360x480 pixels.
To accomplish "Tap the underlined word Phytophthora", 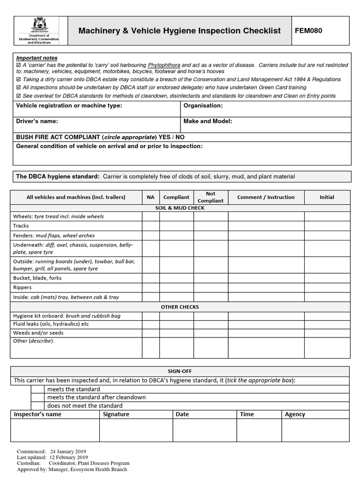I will pos(164,65).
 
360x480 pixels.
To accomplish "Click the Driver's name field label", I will pos(37,121).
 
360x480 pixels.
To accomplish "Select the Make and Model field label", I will pos(208,121).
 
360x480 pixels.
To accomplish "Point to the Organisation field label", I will pos(203,105).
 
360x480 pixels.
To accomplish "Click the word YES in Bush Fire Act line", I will pos(165,137).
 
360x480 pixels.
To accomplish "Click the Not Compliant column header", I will pos(211,197).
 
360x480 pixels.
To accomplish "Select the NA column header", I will pos(150,197).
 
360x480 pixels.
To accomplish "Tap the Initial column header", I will pos(327,197).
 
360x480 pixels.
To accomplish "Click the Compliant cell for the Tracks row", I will pos(176,225).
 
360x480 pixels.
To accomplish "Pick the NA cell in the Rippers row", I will pos(150,287).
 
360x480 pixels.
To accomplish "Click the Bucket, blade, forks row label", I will pos(37,278).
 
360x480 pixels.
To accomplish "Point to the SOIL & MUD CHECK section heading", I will pos(180,208).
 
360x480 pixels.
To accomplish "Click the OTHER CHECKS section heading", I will pos(180,307).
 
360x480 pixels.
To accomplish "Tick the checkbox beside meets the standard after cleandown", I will pos(37,397).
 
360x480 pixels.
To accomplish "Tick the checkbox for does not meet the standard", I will pos(37,405).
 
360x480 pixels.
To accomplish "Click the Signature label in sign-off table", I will pos(116,414).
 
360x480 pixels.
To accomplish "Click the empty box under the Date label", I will pos(204,430).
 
